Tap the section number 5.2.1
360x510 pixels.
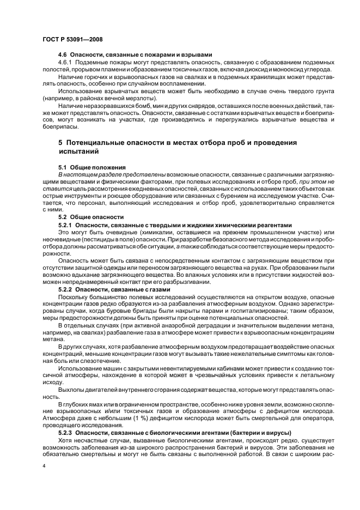click(65, 224)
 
